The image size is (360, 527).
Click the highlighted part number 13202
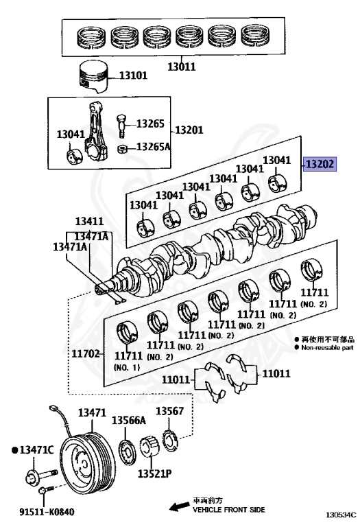click(320, 164)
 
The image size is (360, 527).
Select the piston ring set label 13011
click(181, 67)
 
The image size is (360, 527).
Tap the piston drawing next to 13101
click(93, 77)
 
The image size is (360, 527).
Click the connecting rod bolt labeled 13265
click(121, 126)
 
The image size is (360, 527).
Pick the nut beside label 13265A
click(122, 148)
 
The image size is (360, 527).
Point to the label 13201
click(189, 130)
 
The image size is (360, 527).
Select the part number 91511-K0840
click(47, 512)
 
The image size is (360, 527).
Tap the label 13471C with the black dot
click(33, 449)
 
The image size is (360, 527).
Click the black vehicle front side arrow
click(179, 506)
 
